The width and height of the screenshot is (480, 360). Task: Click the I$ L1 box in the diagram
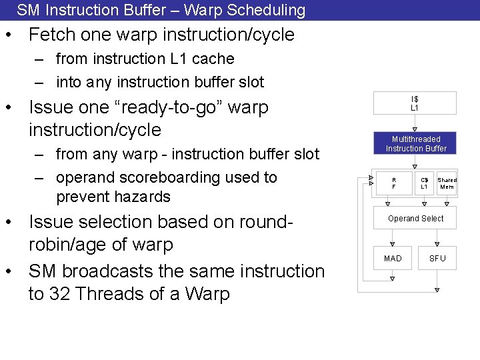tap(414, 103)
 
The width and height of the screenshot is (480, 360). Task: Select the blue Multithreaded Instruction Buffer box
tap(415, 143)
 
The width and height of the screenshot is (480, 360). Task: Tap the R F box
tap(393, 183)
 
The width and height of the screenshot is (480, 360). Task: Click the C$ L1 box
tap(424, 183)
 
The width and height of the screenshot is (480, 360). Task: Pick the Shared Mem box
tap(447, 183)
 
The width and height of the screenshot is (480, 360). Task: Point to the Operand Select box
tap(415, 219)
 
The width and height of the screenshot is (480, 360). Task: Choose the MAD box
tap(393, 258)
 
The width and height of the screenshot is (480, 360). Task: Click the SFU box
tap(437, 258)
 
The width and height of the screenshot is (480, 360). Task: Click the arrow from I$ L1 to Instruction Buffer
tap(415, 128)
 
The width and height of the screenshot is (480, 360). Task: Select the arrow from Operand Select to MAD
tap(393, 238)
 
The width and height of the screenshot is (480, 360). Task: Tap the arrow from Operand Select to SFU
tap(437, 238)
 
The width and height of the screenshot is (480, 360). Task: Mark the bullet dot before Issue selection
tap(14, 222)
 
